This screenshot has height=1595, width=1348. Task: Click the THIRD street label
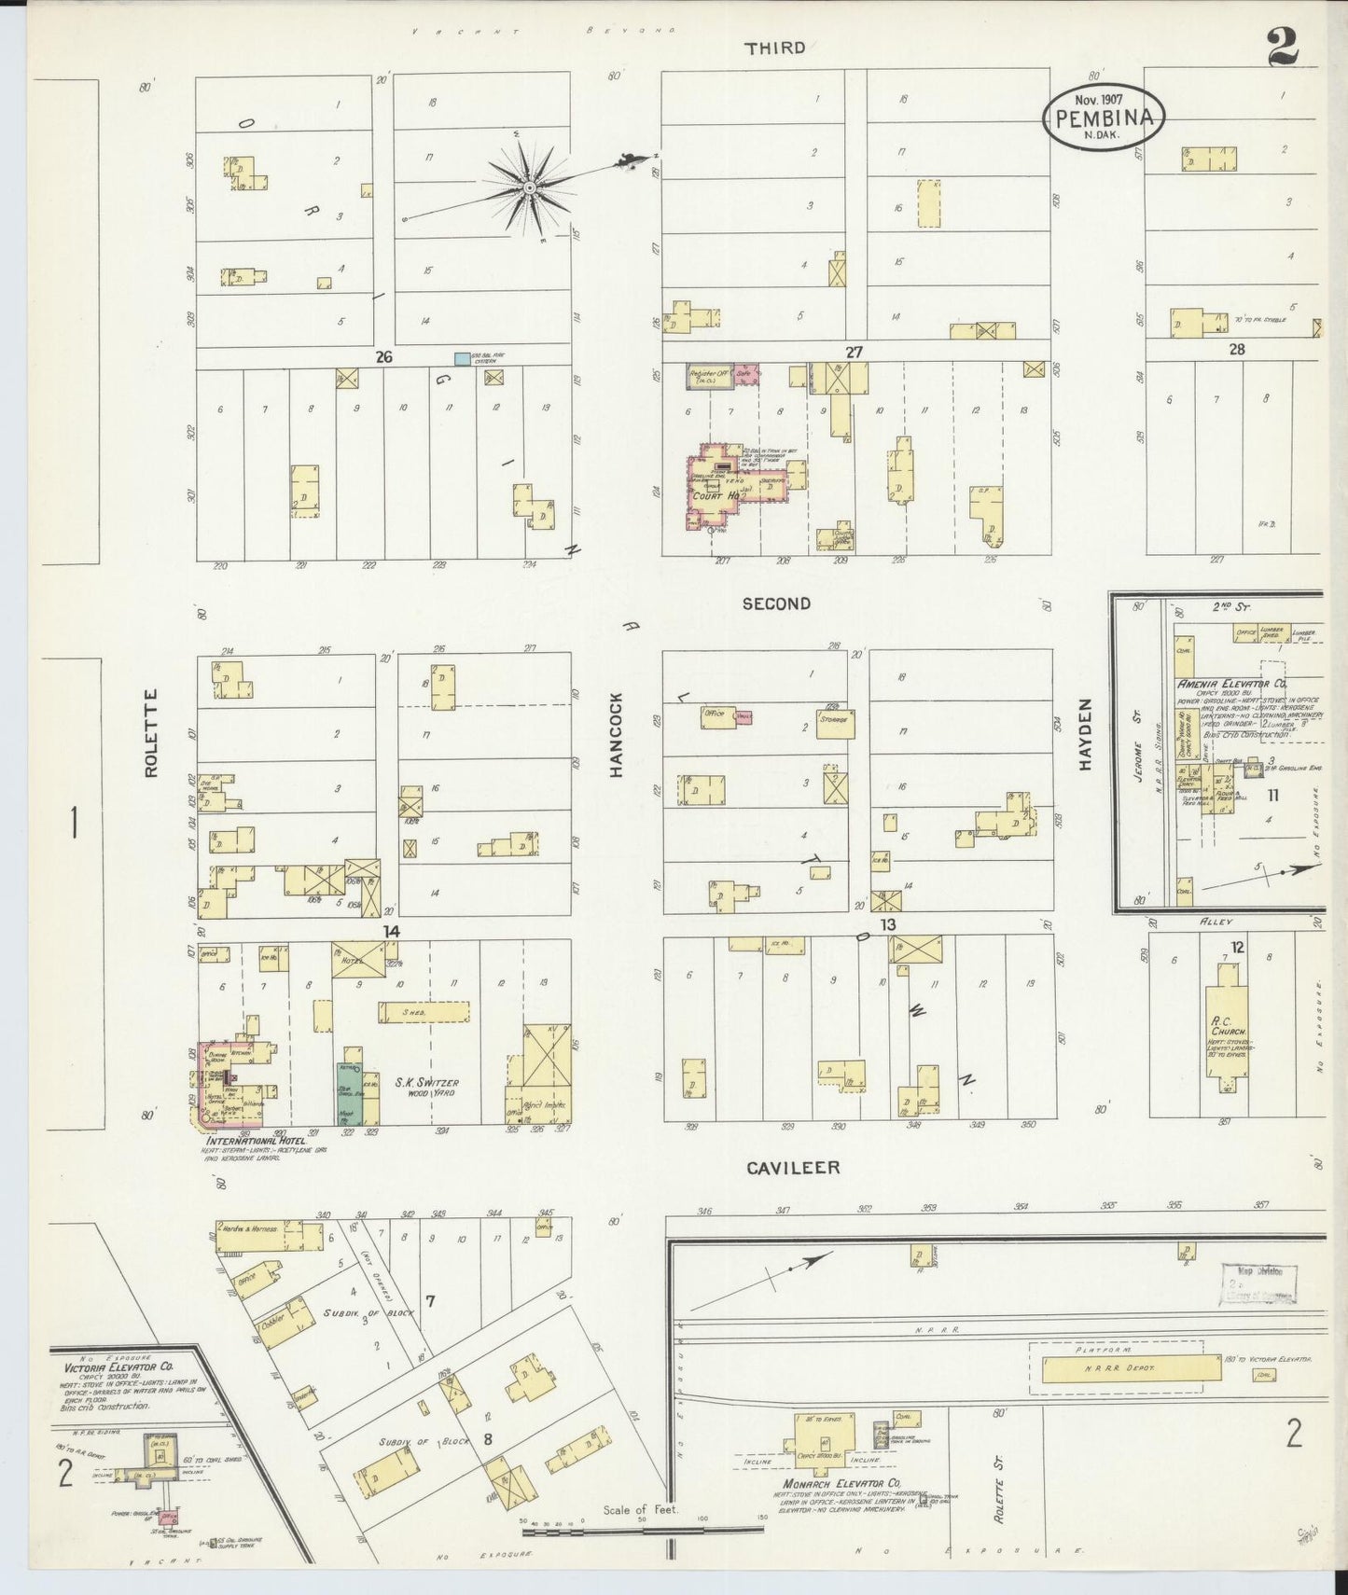point(775,48)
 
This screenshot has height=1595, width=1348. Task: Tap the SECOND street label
point(776,603)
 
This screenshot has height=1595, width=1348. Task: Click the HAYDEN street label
point(1085,734)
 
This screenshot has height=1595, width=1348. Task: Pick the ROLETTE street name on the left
point(152,734)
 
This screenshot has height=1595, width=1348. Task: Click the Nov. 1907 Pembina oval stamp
point(1104,117)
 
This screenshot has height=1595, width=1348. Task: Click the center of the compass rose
point(529,188)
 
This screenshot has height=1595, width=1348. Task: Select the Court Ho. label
point(721,496)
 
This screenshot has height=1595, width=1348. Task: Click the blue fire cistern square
point(461,358)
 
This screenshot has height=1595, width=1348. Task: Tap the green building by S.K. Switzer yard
point(348,1091)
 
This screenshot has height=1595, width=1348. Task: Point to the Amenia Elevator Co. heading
point(1232,684)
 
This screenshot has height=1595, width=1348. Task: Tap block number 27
point(855,352)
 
